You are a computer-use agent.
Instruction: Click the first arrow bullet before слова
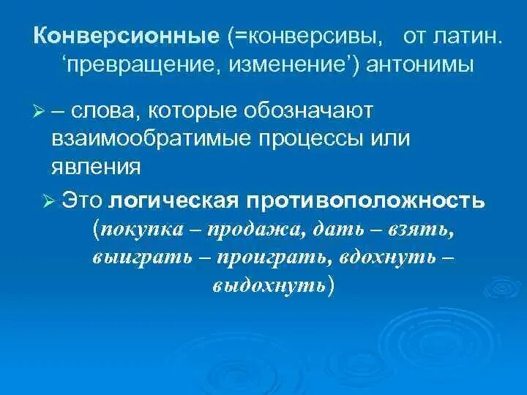pyautogui.click(x=40, y=111)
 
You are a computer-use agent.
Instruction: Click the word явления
pyautogui.click(x=96, y=167)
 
